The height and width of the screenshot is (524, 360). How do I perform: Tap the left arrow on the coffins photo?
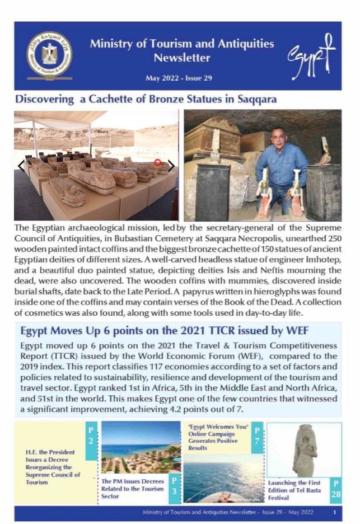click(21, 165)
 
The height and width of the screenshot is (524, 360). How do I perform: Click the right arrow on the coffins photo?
click(171, 165)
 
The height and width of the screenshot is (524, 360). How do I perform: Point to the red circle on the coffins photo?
click(157, 162)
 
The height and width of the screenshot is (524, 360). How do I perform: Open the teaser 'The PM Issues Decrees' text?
click(133, 488)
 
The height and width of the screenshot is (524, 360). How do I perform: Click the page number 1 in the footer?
click(334, 512)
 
